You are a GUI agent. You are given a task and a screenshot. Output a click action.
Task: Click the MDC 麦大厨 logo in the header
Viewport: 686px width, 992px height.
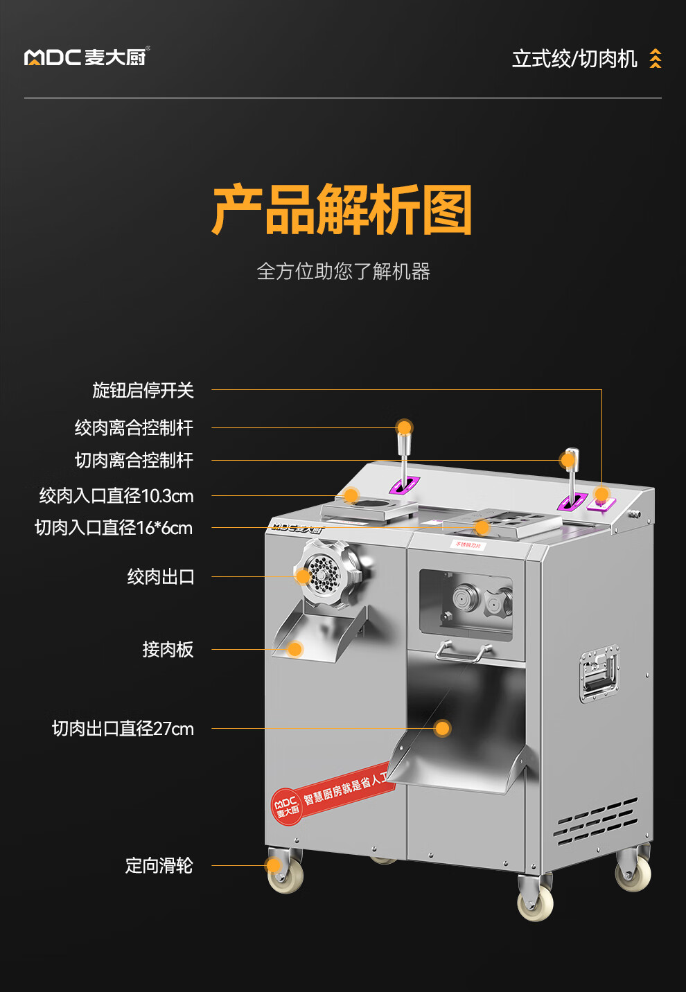87,57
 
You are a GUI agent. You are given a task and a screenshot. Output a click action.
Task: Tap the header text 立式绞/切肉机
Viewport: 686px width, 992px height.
574,59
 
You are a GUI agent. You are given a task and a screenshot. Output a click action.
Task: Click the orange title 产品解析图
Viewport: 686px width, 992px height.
342,210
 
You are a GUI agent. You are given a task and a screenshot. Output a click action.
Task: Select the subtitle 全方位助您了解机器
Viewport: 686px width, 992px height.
343,271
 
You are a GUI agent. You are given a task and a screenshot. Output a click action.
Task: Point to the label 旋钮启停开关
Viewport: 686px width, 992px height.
143,390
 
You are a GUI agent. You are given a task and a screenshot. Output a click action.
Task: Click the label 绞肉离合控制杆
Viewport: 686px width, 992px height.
134,427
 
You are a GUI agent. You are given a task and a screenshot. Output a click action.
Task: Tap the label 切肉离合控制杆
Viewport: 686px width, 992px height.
134,460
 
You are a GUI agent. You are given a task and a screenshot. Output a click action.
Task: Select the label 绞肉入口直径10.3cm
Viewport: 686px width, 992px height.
116,496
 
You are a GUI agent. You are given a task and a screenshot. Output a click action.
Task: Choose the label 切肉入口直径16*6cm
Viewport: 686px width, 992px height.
114,528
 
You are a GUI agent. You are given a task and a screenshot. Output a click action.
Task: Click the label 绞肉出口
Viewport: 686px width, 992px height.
161,576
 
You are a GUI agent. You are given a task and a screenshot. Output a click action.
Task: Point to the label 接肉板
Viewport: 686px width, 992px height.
168,649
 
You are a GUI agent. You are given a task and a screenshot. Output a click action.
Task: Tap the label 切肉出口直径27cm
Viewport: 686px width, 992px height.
123,728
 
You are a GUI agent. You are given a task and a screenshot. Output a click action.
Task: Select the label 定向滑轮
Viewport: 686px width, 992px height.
159,865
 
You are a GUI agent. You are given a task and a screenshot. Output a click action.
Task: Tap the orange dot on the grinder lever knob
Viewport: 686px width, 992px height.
404,427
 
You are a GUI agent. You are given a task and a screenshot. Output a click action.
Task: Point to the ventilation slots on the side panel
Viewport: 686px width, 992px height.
597,821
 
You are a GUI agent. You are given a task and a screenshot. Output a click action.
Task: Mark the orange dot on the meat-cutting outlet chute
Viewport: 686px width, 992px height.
442,728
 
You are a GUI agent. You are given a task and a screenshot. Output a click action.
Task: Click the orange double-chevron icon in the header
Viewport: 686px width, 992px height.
655,59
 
